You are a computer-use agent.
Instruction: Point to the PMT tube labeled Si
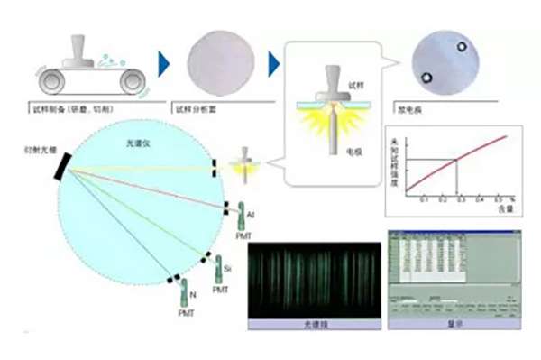(x=216, y=266)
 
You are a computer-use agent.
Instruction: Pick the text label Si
(x=228, y=269)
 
